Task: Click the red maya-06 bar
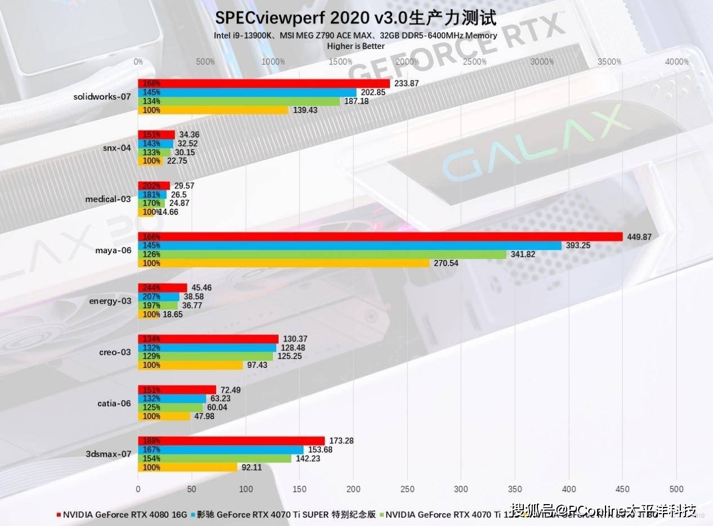click(x=380, y=237)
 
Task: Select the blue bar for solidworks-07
click(x=247, y=92)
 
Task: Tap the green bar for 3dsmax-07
click(x=214, y=458)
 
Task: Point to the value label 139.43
click(x=304, y=110)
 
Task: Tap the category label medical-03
click(x=108, y=199)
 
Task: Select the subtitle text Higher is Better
click(x=356, y=46)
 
